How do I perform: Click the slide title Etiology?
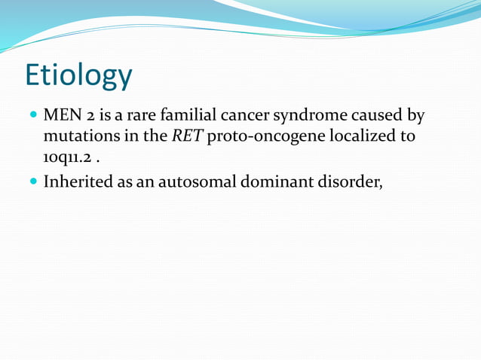point(78,76)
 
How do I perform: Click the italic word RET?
point(187,138)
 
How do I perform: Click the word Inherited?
point(79,182)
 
